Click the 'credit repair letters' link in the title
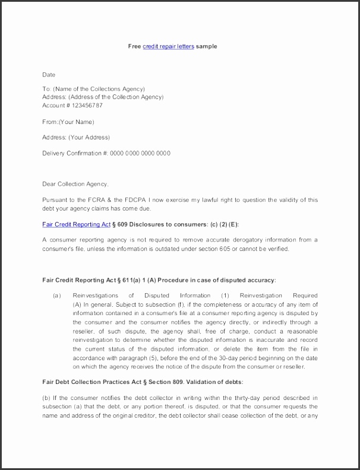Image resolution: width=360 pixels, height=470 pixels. click(x=168, y=46)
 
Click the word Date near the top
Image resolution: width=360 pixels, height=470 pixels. click(x=49, y=75)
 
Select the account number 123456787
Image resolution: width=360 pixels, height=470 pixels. click(x=87, y=105)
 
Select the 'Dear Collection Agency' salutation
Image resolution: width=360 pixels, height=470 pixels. click(x=75, y=183)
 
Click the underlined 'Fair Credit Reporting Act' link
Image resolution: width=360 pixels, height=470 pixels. click(x=77, y=224)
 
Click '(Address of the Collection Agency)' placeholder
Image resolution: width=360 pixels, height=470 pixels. click(x=116, y=97)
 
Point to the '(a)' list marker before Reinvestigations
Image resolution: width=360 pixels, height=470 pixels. click(x=57, y=295)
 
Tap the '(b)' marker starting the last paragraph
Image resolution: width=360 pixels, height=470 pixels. click(x=46, y=397)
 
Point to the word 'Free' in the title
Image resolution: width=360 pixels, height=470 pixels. click(x=134, y=46)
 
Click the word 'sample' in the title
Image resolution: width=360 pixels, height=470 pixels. click(x=206, y=46)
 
